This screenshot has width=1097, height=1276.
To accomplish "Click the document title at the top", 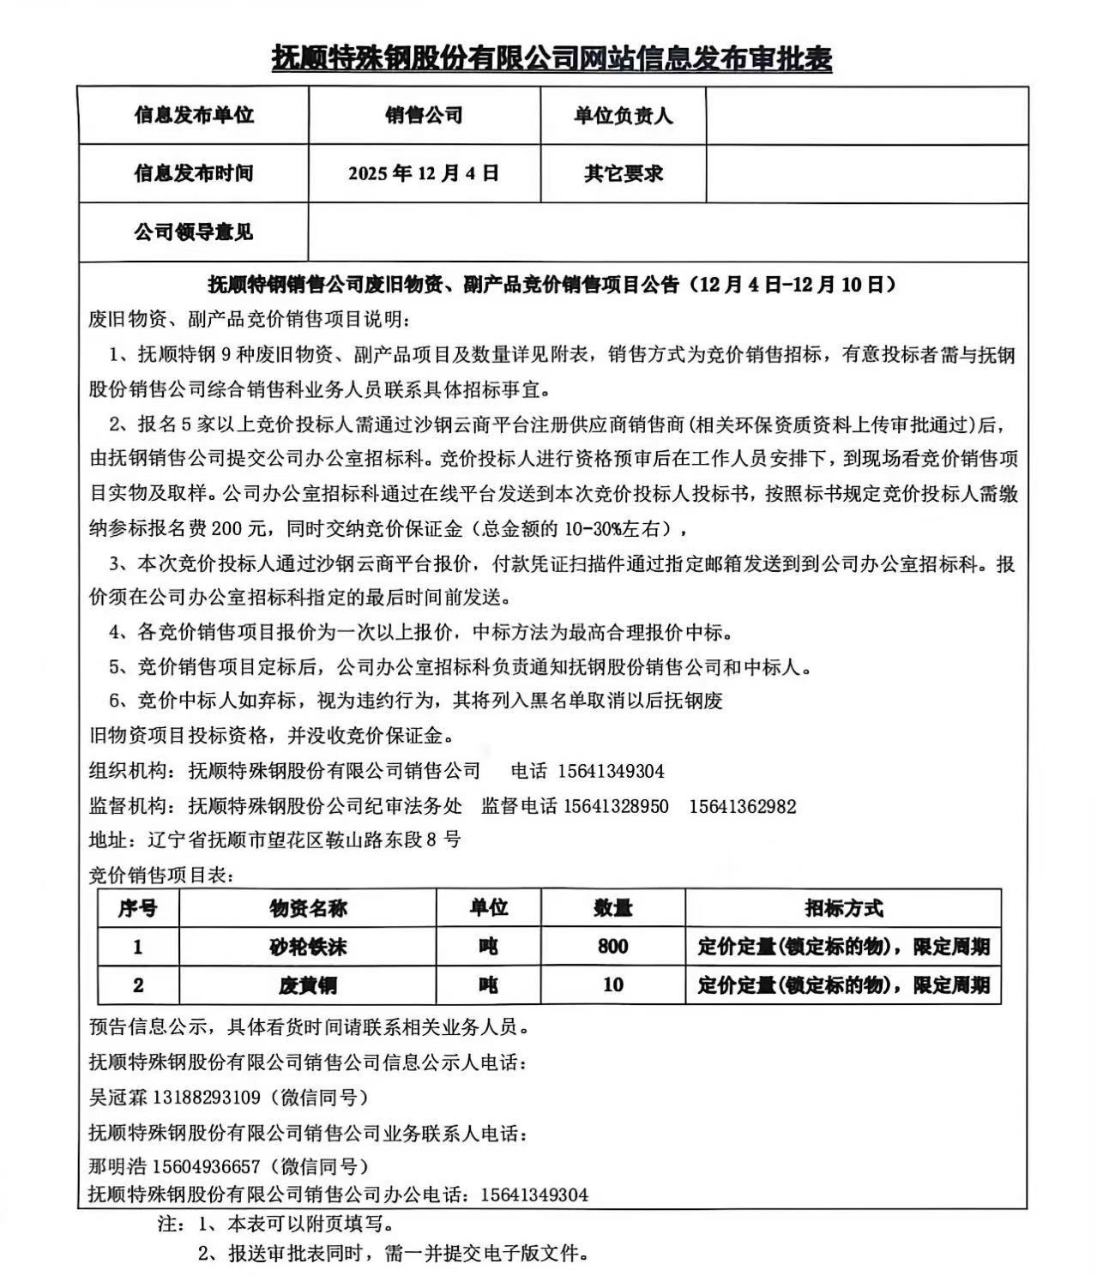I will coord(552,58).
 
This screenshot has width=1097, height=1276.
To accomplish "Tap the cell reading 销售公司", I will coord(424,115).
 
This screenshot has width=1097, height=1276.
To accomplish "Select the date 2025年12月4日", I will coord(424,173).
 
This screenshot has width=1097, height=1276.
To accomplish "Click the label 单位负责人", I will coord(623,116).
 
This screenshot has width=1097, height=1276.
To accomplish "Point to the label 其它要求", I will coord(623,173).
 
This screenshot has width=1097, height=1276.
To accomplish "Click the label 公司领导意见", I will coord(193,232).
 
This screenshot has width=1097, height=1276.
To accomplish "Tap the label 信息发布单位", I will coord(193,115).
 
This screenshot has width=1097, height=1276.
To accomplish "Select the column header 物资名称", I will coord(308,908).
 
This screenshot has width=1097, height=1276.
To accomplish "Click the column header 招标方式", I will coord(843,908).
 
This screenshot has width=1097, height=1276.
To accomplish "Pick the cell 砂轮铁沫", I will coord(308,947).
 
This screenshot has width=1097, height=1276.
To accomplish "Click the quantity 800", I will coord(612,947).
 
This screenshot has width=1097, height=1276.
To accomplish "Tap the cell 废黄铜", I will coord(308,985).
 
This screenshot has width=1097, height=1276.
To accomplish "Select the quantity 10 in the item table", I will coord(612,984).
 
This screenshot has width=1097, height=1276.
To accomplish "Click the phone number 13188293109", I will coord(206,1097).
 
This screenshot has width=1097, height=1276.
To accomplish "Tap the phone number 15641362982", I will coord(742,806).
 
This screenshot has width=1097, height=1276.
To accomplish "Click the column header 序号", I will coord(137,908).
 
